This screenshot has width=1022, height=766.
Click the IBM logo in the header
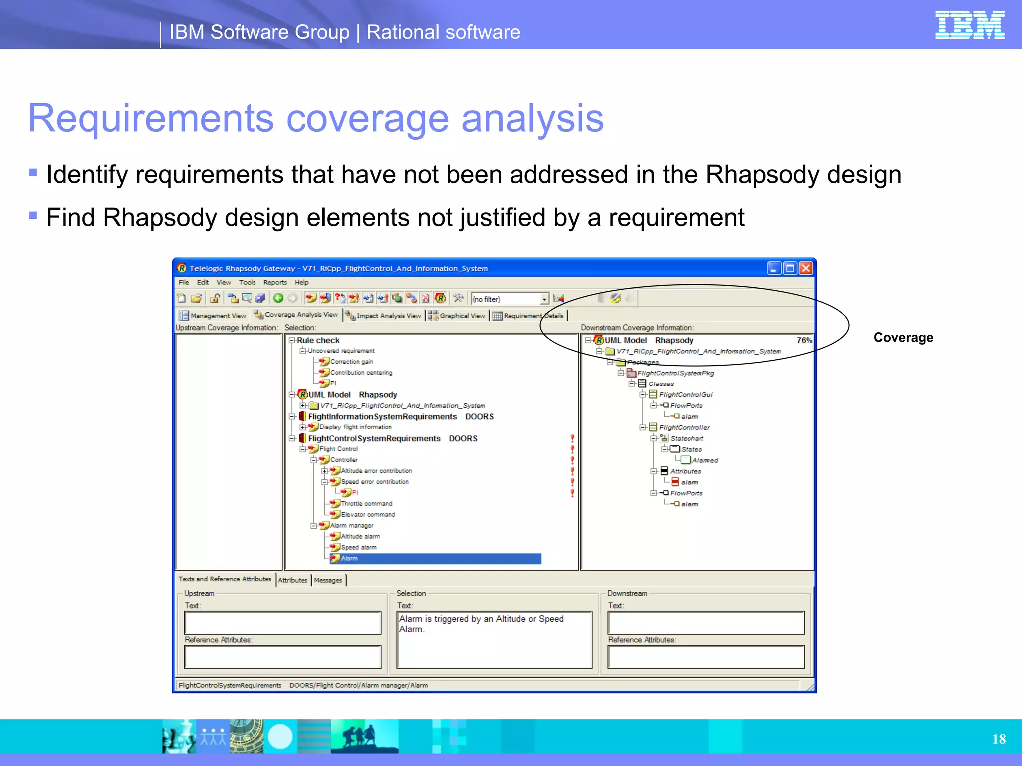pyautogui.click(x=969, y=25)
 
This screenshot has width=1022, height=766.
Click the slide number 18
pyautogui.click(x=999, y=739)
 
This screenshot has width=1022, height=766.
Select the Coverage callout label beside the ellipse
pyautogui.click(x=903, y=338)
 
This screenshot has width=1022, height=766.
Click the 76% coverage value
pyautogui.click(x=804, y=340)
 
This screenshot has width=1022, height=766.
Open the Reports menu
pyautogui.click(x=275, y=282)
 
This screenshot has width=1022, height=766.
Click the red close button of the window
pyautogui.click(x=806, y=268)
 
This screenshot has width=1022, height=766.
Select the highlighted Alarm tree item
pyautogui.click(x=349, y=558)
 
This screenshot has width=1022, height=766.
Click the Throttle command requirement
pyautogui.click(x=366, y=504)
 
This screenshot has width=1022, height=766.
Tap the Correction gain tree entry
pyautogui.click(x=351, y=362)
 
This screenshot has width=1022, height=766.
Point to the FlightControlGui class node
pyautogui.click(x=685, y=395)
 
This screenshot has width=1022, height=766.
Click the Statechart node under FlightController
pyautogui.click(x=686, y=438)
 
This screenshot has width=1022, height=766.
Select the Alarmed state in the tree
pyautogui.click(x=704, y=460)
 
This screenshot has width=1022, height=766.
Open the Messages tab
pyautogui.click(x=328, y=580)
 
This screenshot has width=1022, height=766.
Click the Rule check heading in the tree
pyautogui.click(x=318, y=340)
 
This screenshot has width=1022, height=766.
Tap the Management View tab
pyautogui.click(x=218, y=316)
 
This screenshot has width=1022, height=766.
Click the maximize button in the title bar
pyautogui.click(x=790, y=268)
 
